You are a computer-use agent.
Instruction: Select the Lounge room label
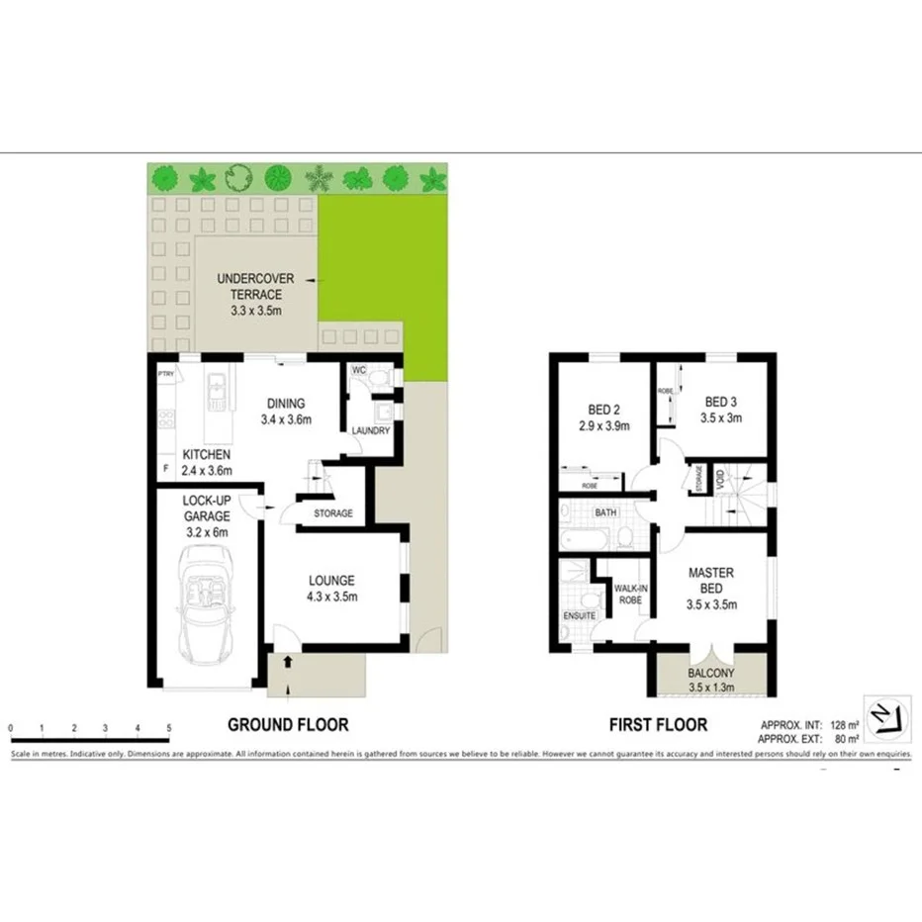pos(332,588)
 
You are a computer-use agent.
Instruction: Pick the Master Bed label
pos(710,588)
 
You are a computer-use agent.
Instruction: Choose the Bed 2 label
pos(603,416)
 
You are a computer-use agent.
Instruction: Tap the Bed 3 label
pos(722,410)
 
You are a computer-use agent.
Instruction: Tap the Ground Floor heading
pos(288,724)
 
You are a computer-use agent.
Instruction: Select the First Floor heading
pos(658,724)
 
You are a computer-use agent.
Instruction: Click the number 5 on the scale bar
pos(169,728)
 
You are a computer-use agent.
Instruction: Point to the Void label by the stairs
pos(721,482)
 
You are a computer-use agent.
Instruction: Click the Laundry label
pos(371,430)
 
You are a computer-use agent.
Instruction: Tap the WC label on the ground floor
pos(360,370)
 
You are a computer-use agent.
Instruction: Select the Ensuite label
pos(579,616)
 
